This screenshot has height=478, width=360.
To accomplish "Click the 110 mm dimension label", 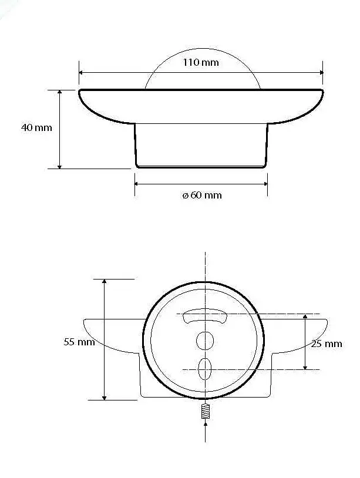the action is click(201, 62).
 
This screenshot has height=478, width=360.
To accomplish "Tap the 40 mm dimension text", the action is click(36, 127).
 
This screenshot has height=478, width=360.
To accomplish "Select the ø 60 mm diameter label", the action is click(202, 195).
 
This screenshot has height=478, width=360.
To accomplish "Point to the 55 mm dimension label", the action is click(79, 342).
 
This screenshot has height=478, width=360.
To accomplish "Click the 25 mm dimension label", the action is click(327, 344).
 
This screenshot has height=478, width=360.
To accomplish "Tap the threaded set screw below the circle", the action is click(206, 411).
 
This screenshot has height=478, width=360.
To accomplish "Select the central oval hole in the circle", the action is click(205, 341).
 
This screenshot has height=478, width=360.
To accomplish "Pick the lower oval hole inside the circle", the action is click(204, 369).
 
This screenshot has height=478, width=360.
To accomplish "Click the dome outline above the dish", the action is click(203, 49).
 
